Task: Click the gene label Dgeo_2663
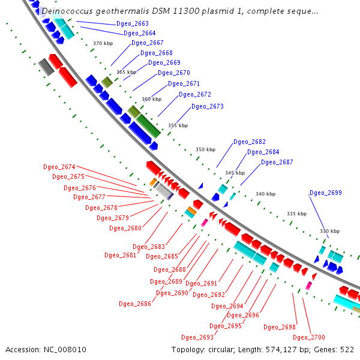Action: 133,23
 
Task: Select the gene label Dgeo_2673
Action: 207,106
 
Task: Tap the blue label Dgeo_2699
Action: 325,193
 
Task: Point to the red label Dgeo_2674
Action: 59,167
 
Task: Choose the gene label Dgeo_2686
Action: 135,304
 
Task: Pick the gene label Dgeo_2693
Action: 197,337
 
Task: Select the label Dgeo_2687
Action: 277,162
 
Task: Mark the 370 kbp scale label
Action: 103,43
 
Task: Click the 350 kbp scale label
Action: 205,149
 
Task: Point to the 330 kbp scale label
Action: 329,231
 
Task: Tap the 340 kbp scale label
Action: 265,194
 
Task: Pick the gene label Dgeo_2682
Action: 249,142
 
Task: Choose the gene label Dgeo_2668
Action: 156,53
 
